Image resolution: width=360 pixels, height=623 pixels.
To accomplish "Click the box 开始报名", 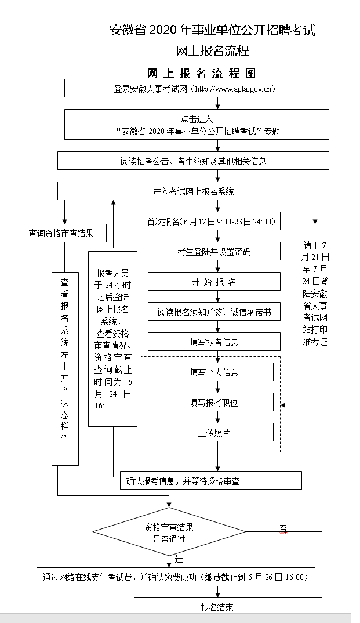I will (x=214, y=282).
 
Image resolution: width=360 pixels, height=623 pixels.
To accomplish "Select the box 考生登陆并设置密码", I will (x=214, y=252).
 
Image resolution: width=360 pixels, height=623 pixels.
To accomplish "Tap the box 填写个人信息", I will (x=214, y=372).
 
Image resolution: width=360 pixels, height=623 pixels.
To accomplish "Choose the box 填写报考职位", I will (x=214, y=402).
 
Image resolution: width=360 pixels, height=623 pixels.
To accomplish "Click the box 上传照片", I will (x=214, y=432).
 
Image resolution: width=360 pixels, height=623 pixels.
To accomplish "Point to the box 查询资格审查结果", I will (x=61, y=234).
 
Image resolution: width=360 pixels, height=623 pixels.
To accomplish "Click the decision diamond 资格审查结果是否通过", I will (x=169, y=532).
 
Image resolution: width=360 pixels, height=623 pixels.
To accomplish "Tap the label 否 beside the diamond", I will (x=283, y=528).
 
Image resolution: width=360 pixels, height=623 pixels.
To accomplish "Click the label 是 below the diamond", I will (x=179, y=559).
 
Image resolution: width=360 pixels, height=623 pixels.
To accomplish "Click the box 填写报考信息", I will (x=214, y=342).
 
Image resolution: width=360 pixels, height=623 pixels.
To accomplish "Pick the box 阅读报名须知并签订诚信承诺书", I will (x=214, y=312).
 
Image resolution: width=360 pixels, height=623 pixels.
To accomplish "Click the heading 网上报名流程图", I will (x=201, y=74).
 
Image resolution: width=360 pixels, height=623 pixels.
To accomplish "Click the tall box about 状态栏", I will (x=65, y=368).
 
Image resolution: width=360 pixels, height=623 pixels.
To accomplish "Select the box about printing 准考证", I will (x=315, y=302).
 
